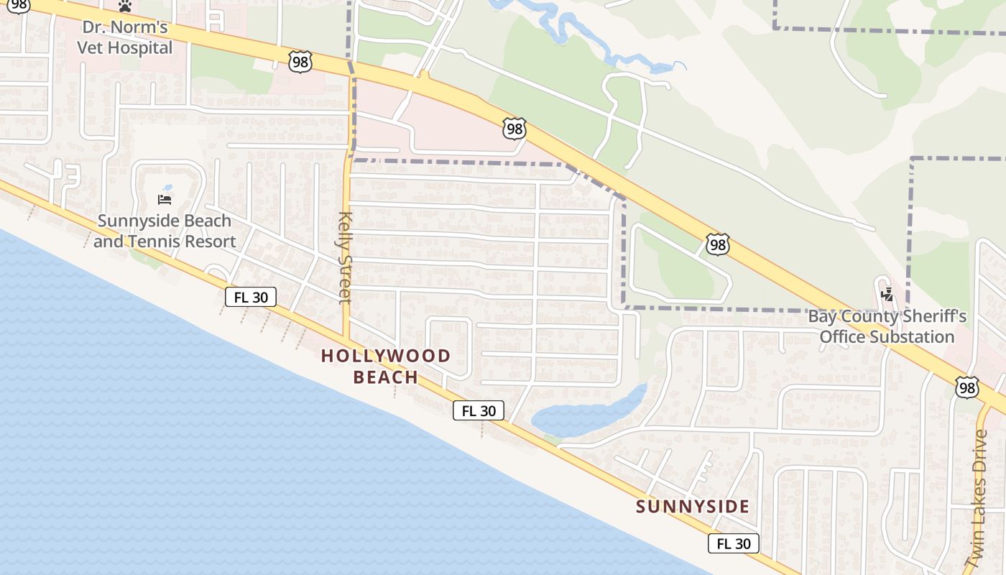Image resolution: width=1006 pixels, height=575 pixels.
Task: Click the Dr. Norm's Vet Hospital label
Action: point(126,38)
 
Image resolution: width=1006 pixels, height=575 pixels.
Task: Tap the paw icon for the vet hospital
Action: point(126,6)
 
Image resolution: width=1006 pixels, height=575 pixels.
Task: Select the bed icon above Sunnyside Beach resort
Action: point(165,199)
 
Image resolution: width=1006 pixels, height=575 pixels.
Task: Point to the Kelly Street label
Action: point(346,257)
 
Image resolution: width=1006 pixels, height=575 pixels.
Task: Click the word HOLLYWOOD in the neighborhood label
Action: point(385,356)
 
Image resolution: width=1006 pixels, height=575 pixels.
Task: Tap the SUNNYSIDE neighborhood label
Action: point(693,507)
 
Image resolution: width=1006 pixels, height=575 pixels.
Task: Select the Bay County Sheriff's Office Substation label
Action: point(887,326)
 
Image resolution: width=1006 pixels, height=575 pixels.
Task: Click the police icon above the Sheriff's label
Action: point(887,293)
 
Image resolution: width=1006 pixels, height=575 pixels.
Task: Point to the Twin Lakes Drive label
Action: point(979,496)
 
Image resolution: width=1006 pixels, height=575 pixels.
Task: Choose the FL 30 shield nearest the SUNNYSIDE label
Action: point(733,543)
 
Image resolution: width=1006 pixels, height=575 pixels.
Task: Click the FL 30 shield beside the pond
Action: point(478,411)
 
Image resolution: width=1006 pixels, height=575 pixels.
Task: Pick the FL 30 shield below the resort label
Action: point(251,297)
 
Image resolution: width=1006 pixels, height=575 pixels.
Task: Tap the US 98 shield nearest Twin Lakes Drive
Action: point(967,388)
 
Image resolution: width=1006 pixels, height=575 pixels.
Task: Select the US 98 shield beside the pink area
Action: point(514,129)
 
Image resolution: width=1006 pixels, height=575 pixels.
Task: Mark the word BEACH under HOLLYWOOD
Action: point(385,377)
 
